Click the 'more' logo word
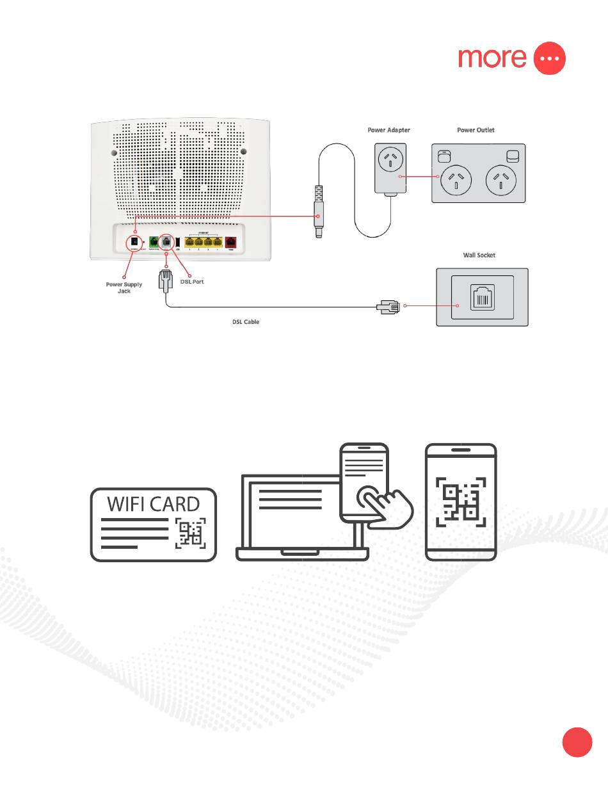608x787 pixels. click(x=492, y=58)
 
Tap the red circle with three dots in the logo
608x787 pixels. click(x=550, y=58)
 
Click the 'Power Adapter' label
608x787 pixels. click(x=388, y=130)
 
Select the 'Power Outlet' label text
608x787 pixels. click(x=476, y=130)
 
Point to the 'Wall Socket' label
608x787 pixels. click(x=479, y=255)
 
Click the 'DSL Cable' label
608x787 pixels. click(x=245, y=321)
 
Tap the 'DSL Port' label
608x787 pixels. click(x=192, y=282)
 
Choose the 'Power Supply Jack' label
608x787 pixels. click(x=124, y=288)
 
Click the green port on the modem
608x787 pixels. click(x=154, y=243)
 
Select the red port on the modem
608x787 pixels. click(x=230, y=243)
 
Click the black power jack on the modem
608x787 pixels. click(x=135, y=243)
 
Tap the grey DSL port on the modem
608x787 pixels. click(x=166, y=243)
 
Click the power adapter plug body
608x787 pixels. click(x=390, y=168)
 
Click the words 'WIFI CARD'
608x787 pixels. click(x=153, y=504)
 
